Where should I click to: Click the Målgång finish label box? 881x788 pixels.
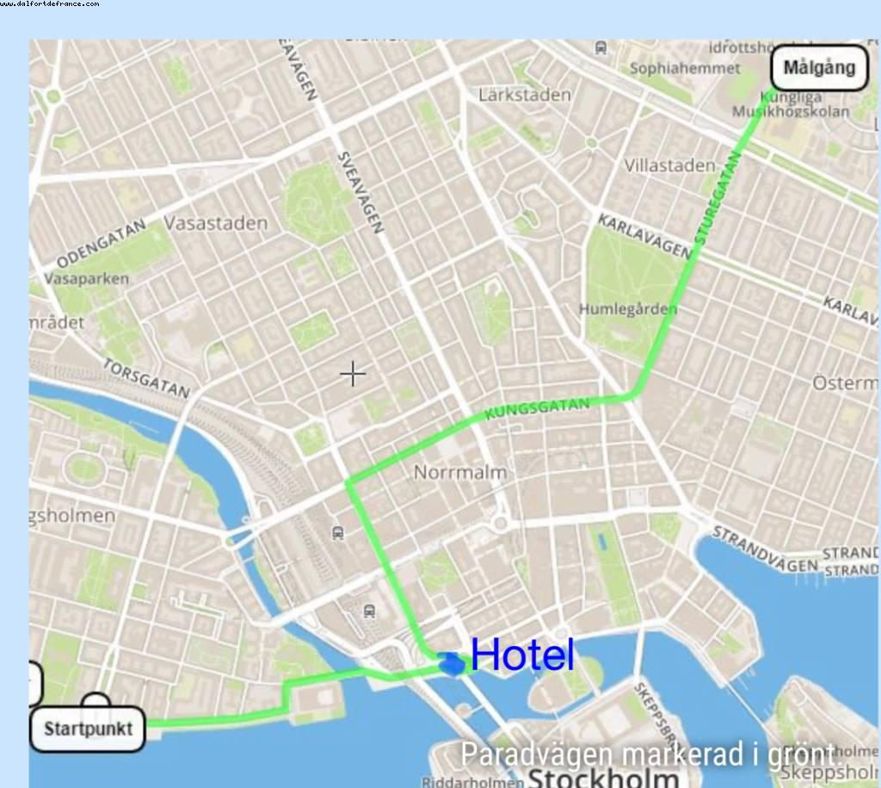(x=819, y=67)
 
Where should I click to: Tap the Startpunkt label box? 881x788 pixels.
(x=88, y=729)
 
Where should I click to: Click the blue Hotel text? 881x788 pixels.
(x=522, y=655)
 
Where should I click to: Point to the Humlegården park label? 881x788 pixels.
(x=628, y=309)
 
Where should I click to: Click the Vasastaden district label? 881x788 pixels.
(x=215, y=223)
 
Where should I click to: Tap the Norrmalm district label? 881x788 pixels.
(x=459, y=472)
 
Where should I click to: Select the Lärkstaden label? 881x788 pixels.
(x=525, y=95)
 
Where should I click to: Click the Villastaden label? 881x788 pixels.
(x=669, y=165)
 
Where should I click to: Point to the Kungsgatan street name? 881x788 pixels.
(x=538, y=409)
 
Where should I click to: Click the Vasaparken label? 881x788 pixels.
(x=85, y=279)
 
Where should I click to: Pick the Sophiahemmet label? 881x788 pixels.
(x=685, y=68)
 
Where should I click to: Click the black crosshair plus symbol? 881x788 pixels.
(x=353, y=373)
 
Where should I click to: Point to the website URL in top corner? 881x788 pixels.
(x=49, y=4)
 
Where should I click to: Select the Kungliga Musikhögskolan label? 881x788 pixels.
(x=790, y=105)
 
